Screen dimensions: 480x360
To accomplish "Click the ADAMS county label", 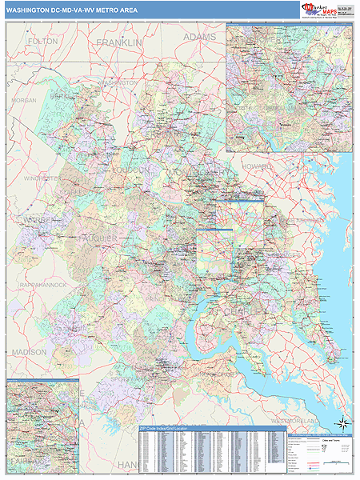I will pyautogui.click(x=199, y=38).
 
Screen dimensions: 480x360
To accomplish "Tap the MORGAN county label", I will pyautogui.click(x=24, y=101).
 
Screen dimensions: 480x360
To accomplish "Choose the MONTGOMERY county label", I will pyautogui.click(x=200, y=172).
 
